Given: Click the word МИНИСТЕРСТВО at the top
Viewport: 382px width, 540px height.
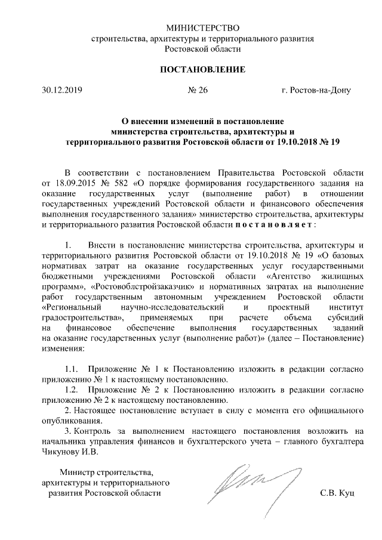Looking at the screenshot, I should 202,28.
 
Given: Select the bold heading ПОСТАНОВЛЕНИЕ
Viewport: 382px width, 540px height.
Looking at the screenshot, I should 202,70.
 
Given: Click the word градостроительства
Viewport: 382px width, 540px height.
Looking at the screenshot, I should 77,317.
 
